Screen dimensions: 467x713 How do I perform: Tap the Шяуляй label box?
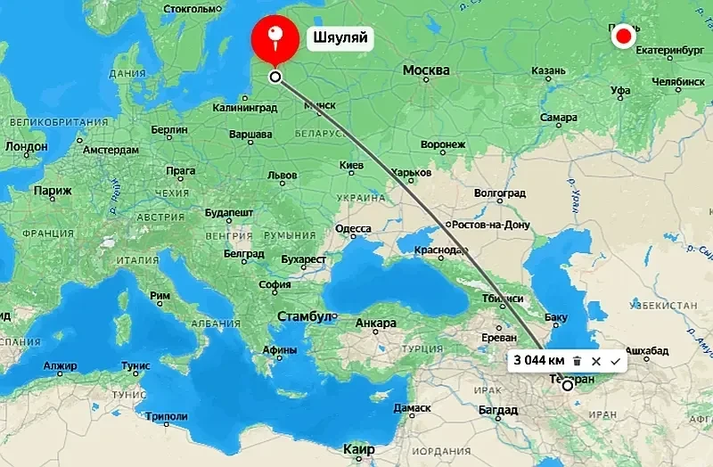pyautogui.click(x=339, y=37)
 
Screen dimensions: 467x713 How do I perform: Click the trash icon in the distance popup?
pyautogui.click(x=578, y=361)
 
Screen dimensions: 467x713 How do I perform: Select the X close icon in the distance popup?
pyautogui.click(x=596, y=361)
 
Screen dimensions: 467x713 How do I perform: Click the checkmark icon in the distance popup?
pyautogui.click(x=615, y=361)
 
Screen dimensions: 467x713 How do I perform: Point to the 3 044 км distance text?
pyautogui.click(x=538, y=361)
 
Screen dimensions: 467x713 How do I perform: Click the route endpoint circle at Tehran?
pyautogui.click(x=568, y=386)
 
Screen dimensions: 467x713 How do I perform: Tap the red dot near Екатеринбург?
pyautogui.click(x=624, y=37)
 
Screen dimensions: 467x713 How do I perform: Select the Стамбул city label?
pyautogui.click(x=306, y=316)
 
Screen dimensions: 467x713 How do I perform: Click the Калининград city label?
pyautogui.click(x=246, y=108)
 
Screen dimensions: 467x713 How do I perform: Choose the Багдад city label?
pyautogui.click(x=497, y=410)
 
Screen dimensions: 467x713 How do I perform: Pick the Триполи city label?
pyautogui.click(x=166, y=416)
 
